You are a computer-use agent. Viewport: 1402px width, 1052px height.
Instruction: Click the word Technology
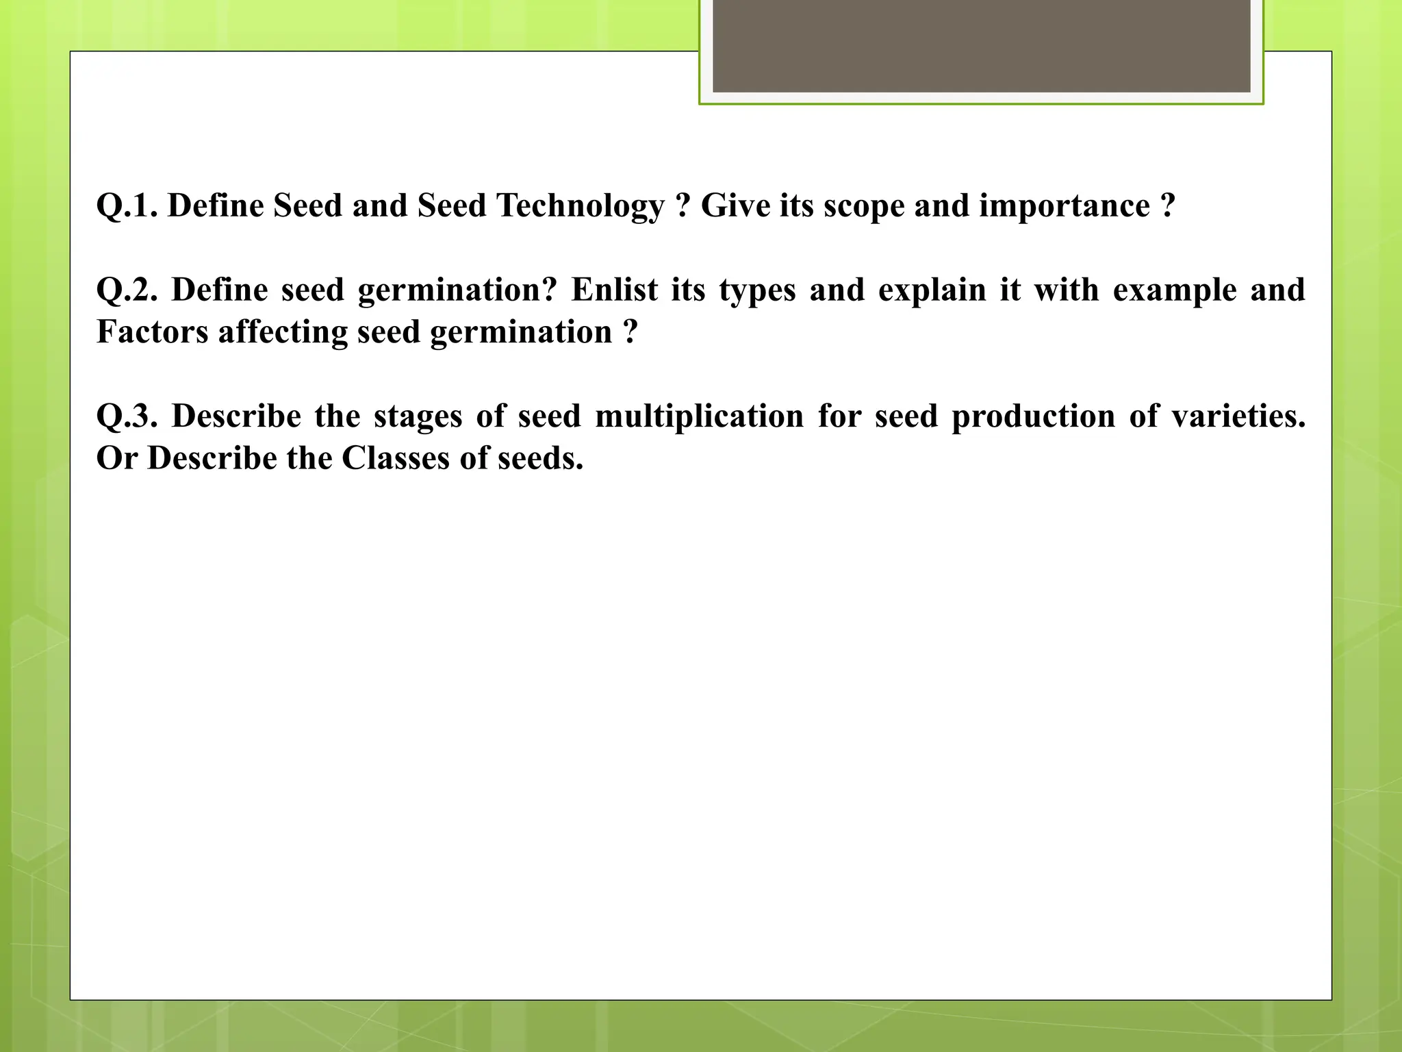(581, 205)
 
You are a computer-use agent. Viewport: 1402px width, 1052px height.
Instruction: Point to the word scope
(863, 205)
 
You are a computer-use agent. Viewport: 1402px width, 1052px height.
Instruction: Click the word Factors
(152, 332)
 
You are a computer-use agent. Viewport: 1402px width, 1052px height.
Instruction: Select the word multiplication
(699, 416)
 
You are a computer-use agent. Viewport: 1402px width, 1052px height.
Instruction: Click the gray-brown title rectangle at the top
(981, 45)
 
